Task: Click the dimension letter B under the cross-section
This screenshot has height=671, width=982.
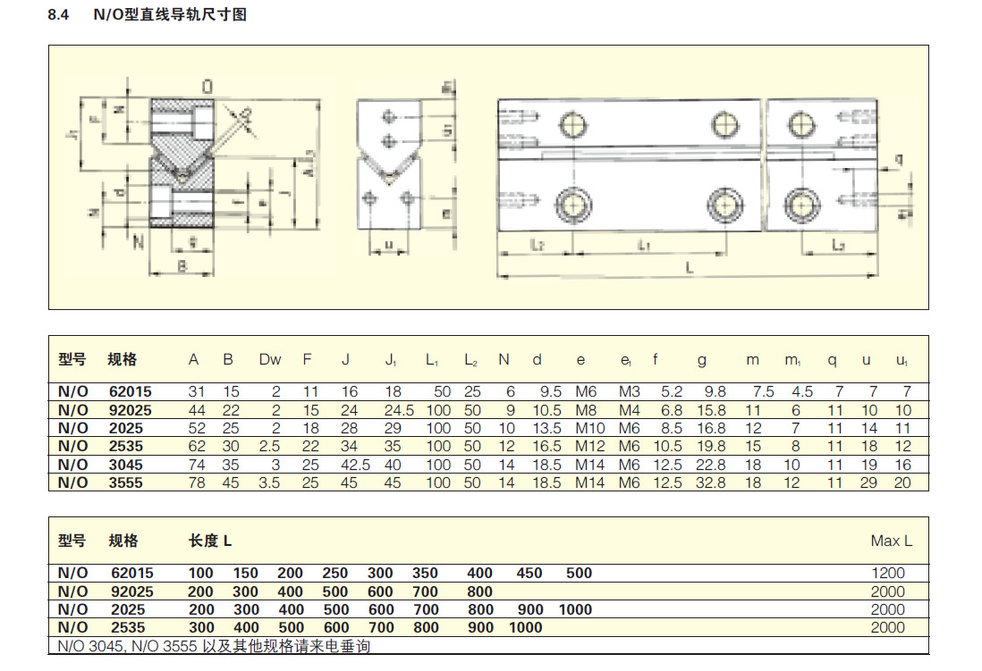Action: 181,265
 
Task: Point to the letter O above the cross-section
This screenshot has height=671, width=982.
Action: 207,87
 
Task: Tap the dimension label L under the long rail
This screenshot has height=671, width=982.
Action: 687,266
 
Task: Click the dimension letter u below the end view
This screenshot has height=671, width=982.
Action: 388,243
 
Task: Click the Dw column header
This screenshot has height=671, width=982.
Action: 270,360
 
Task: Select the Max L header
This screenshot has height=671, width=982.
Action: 891,541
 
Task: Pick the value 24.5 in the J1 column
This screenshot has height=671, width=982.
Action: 391,410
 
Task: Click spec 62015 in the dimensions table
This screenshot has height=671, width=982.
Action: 131,391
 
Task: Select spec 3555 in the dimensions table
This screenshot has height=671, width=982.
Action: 126,482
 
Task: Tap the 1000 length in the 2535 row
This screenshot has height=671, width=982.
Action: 525,627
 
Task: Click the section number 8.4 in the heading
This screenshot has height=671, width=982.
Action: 59,16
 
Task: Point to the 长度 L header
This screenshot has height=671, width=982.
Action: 210,541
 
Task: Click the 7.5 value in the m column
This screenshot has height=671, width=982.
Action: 763,391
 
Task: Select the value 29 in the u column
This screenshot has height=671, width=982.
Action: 866,482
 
